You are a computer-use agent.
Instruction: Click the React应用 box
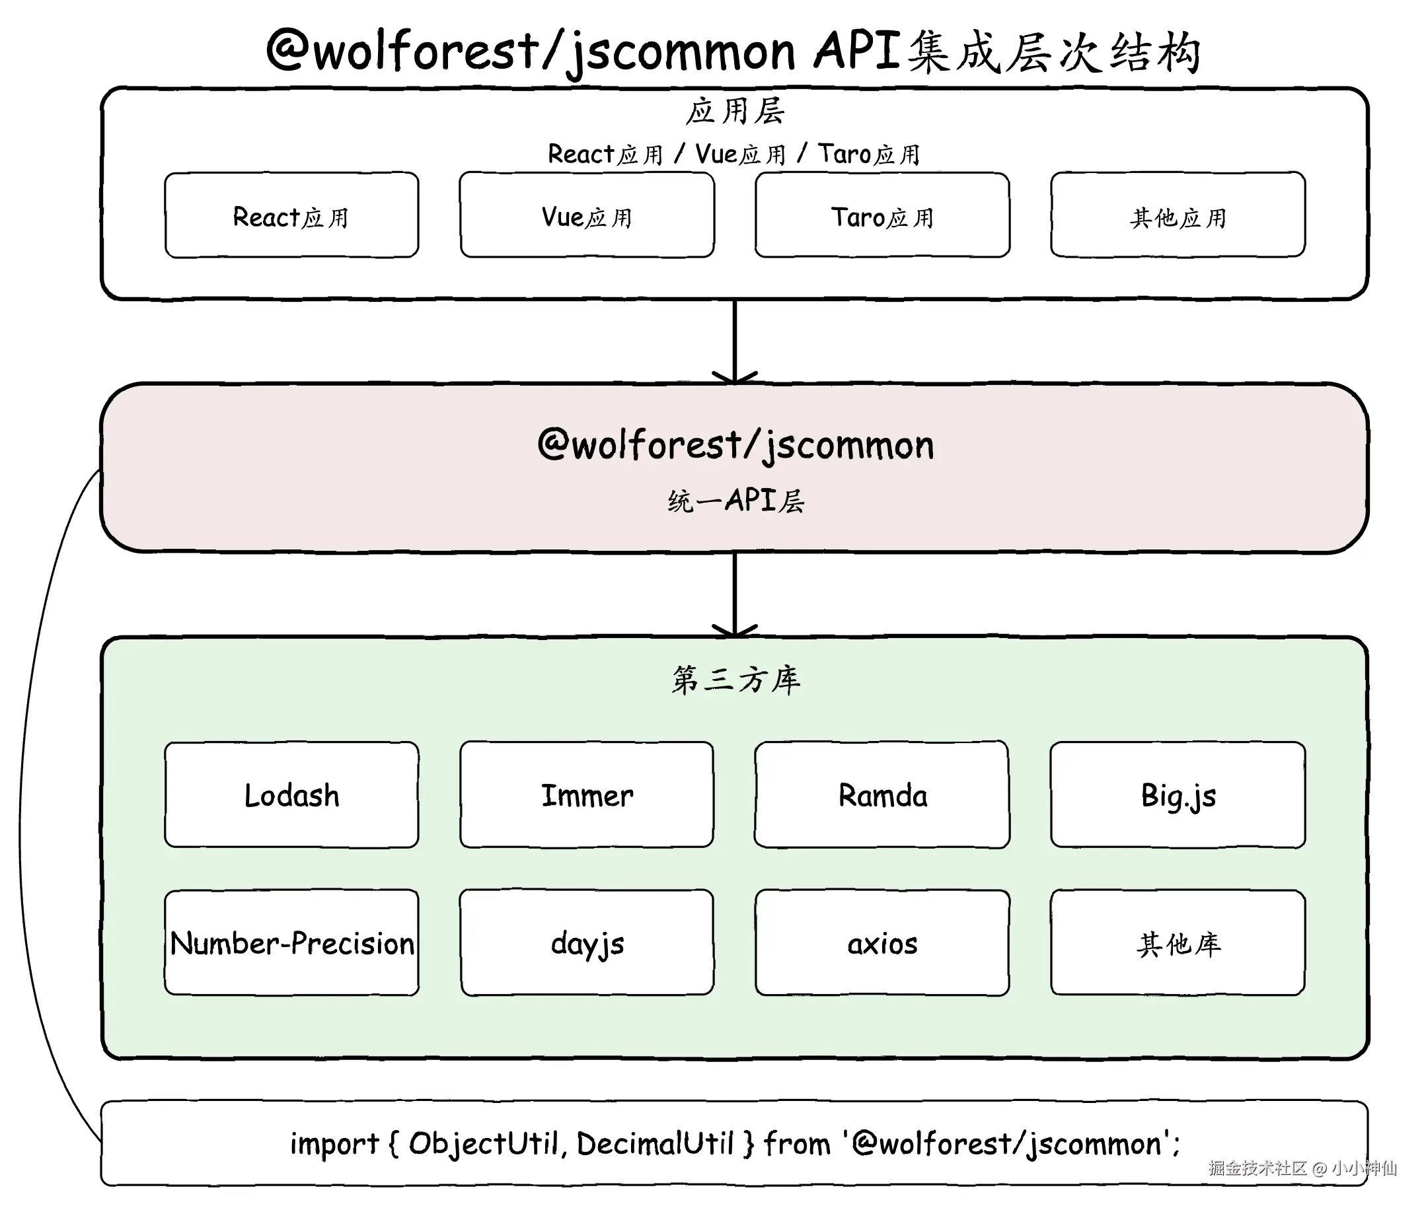(291, 215)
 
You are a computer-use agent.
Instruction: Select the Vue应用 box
(587, 215)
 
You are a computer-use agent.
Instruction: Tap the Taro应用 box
(882, 215)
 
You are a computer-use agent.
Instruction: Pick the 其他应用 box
(1178, 215)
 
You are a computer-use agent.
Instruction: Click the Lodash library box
(291, 795)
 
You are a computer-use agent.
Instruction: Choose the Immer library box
(587, 795)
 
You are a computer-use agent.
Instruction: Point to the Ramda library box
(882, 795)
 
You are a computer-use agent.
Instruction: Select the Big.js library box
(1178, 795)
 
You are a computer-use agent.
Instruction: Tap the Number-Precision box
(291, 942)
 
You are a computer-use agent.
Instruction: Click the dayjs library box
(587, 942)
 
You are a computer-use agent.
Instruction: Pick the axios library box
(882, 942)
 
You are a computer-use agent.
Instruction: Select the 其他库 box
(1178, 942)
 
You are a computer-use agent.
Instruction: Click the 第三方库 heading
(735, 680)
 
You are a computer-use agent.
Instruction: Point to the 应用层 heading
(735, 111)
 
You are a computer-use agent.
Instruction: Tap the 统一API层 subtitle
(735, 501)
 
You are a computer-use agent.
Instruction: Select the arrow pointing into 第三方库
(735, 594)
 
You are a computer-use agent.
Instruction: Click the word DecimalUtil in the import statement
(655, 1144)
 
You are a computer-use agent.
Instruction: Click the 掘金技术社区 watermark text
(1257, 1168)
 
